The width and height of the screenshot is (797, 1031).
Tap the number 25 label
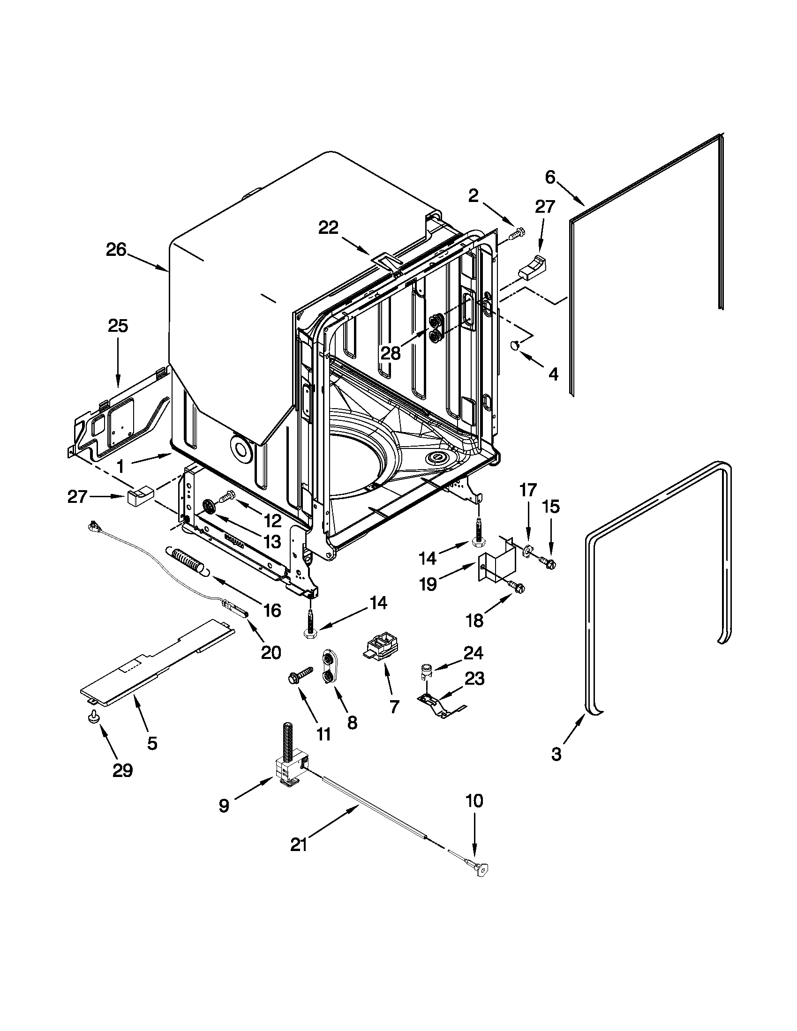[118, 326]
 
